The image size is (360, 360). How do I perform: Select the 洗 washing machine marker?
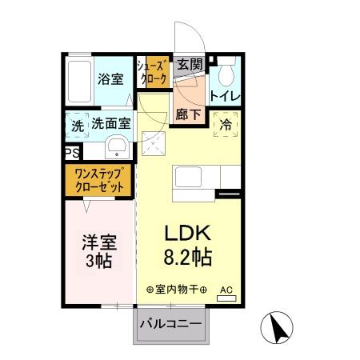[77, 126]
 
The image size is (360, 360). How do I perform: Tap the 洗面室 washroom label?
[110, 125]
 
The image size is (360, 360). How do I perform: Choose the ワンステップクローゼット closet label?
[100, 179]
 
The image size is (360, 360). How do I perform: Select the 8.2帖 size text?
[188, 258]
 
